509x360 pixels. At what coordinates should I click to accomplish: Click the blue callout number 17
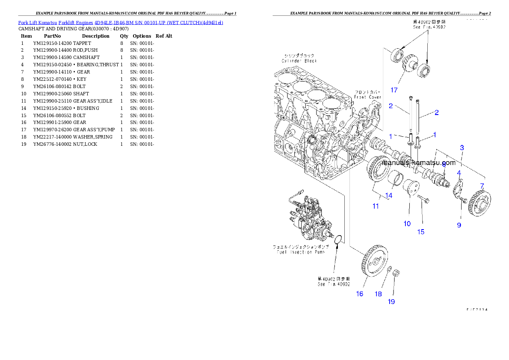(x=394, y=90)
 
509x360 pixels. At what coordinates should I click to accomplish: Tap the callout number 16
(x=360, y=294)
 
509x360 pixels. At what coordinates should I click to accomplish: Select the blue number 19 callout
(x=391, y=302)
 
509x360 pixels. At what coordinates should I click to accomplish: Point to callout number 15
(x=421, y=232)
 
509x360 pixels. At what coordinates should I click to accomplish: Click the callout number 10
(x=407, y=223)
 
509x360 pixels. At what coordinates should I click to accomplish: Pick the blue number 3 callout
(x=462, y=148)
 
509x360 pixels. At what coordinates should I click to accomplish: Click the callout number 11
(x=376, y=206)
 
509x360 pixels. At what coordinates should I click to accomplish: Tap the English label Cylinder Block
(x=299, y=61)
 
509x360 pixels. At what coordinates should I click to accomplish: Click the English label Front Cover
(x=367, y=97)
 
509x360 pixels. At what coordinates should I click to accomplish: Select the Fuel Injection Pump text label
(x=299, y=252)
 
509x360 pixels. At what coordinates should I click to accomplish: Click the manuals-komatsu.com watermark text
(x=418, y=162)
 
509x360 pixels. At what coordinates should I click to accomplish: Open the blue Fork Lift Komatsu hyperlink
(x=120, y=22)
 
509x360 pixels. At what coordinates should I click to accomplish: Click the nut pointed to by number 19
(x=396, y=272)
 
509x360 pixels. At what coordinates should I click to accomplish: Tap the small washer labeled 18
(x=389, y=270)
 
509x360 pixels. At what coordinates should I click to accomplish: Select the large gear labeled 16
(x=371, y=260)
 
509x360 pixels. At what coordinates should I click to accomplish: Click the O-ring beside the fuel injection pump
(x=338, y=239)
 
